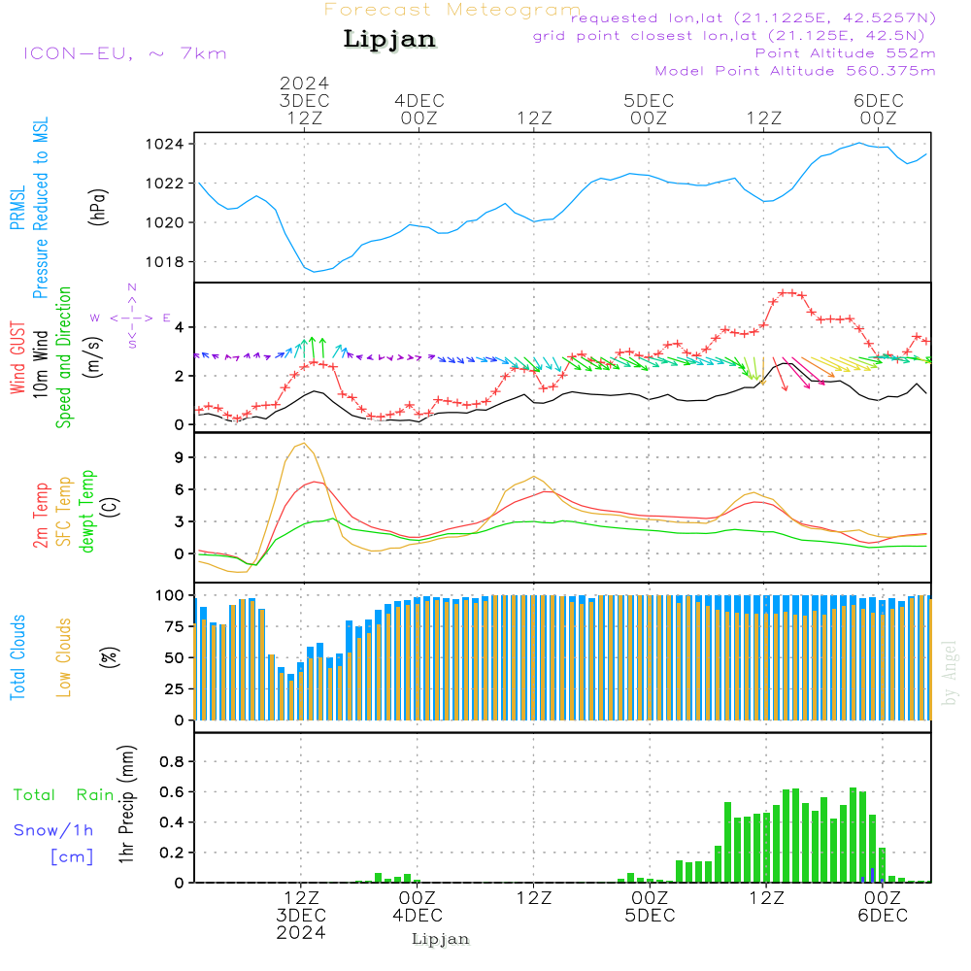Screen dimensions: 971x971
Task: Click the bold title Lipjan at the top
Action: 389,39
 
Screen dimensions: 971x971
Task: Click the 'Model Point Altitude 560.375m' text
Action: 795,71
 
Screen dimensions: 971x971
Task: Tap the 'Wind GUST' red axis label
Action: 17,360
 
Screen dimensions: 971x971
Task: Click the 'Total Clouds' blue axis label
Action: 17,657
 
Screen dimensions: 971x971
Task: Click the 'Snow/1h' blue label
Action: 53,830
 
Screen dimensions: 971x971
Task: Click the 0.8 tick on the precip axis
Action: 172,762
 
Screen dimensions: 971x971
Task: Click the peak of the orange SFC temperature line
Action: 305,444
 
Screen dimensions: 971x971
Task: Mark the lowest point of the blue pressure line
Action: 314,271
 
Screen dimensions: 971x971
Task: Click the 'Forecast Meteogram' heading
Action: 452,10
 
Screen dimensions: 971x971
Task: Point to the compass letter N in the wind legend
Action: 132,287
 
